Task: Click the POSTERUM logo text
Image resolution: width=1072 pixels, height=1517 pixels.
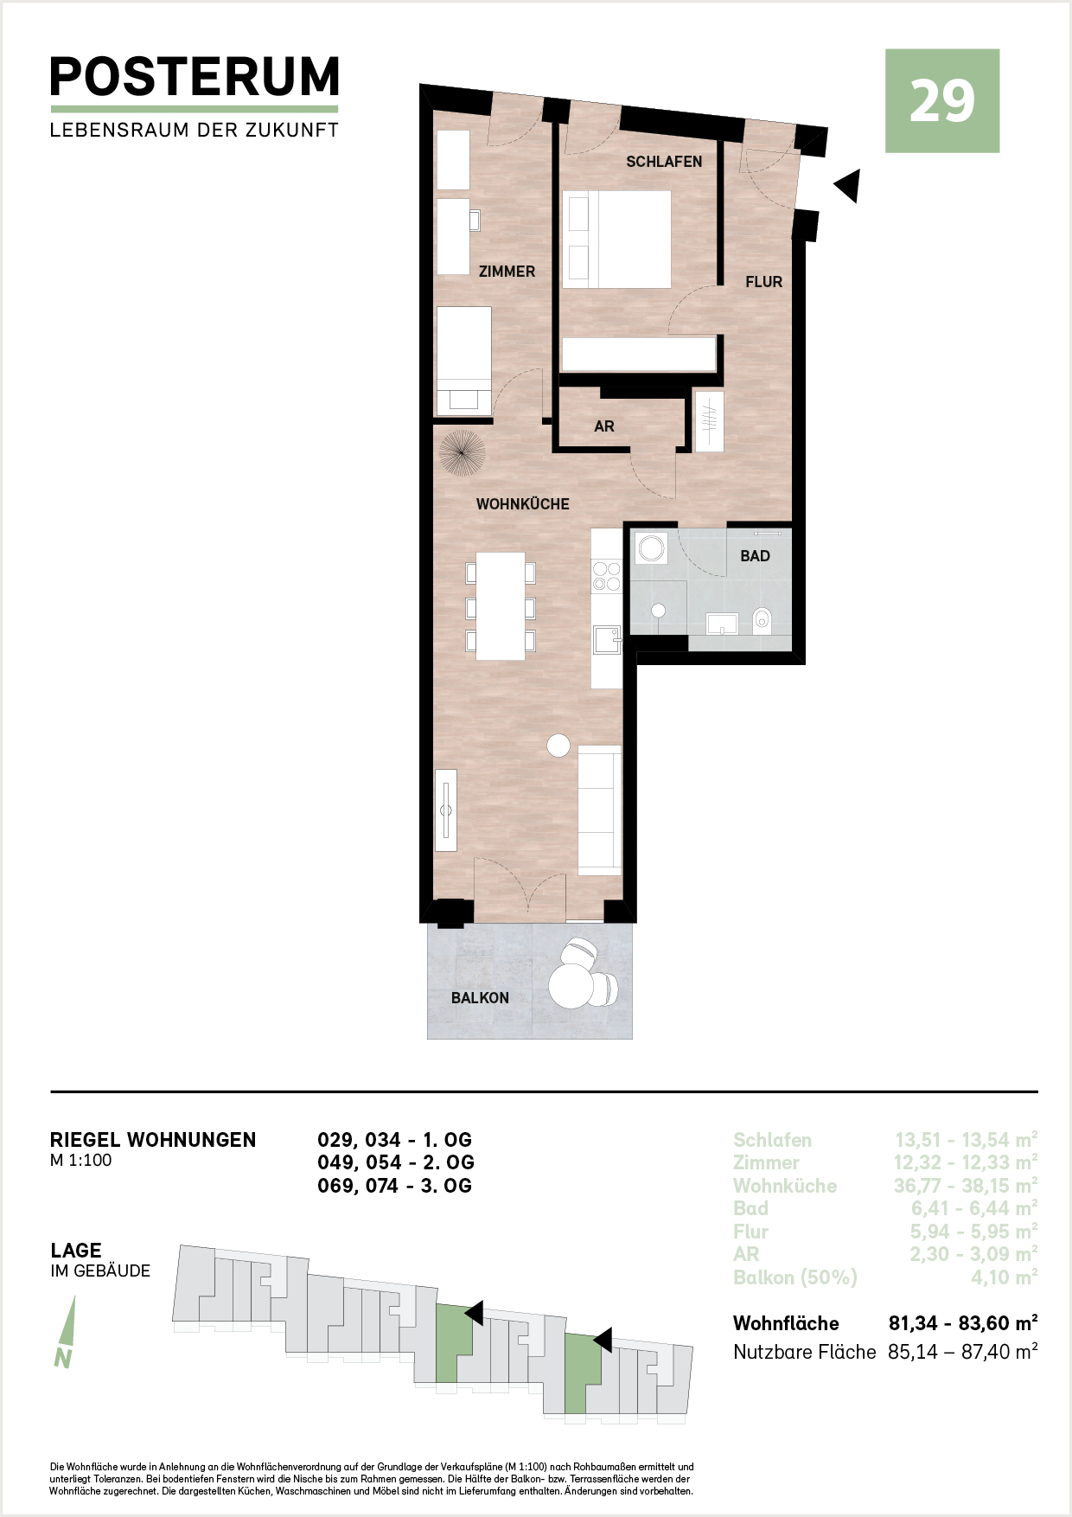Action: click(195, 77)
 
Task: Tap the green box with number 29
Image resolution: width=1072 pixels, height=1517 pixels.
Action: click(942, 101)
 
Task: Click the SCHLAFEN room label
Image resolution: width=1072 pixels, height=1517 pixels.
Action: click(664, 162)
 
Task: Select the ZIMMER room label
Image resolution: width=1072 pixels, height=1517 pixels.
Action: click(507, 272)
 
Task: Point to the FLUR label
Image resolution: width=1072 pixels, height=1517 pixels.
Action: click(764, 282)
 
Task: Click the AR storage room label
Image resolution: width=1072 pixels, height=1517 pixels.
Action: click(604, 426)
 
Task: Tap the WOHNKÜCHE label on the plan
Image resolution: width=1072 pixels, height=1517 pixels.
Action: click(523, 504)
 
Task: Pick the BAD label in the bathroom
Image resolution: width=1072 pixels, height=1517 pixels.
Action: click(755, 556)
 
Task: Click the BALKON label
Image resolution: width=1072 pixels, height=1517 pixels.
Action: click(480, 998)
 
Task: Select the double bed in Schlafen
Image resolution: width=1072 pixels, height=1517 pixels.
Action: click(616, 240)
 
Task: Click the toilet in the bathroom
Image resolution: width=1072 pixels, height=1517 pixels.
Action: click(762, 618)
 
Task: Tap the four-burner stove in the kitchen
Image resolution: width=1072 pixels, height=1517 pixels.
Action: click(607, 577)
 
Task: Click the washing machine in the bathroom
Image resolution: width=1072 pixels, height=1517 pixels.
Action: click(652, 547)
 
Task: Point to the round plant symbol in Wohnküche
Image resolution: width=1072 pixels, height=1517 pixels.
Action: click(462, 452)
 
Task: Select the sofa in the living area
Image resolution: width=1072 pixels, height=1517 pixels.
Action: click(599, 810)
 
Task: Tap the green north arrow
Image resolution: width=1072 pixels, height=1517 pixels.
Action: click(66, 1331)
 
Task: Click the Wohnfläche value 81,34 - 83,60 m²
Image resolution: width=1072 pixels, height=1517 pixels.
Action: click(963, 1323)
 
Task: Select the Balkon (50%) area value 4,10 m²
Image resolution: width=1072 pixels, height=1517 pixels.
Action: click(1004, 1277)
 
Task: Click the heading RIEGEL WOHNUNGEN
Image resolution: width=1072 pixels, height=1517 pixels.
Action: click(153, 1140)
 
